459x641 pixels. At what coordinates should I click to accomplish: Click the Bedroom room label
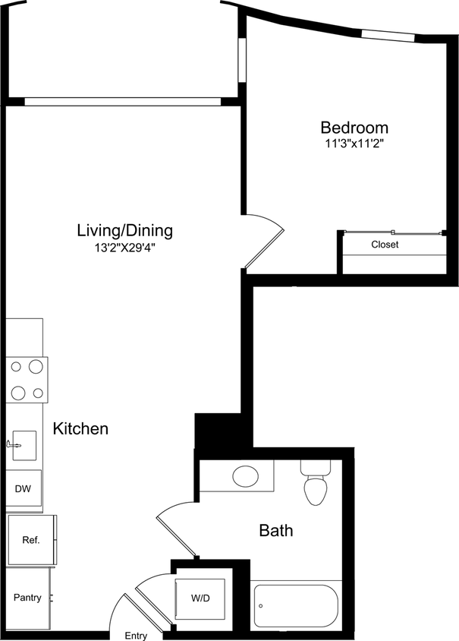[354, 128]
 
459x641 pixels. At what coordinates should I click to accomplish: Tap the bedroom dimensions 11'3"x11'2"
[354, 144]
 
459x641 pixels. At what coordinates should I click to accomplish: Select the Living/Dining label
[125, 230]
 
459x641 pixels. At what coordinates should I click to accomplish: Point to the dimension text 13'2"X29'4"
[125, 247]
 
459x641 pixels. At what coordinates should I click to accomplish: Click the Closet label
[385, 245]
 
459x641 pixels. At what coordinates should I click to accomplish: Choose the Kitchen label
[80, 429]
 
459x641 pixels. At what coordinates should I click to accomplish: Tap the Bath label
[276, 530]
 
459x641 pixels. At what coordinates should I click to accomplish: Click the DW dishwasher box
[23, 489]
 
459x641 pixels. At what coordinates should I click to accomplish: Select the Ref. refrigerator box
[30, 540]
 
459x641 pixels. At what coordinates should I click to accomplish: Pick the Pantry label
[27, 598]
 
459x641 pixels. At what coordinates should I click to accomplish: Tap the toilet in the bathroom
[315, 482]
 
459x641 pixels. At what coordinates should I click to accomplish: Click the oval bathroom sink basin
[246, 477]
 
